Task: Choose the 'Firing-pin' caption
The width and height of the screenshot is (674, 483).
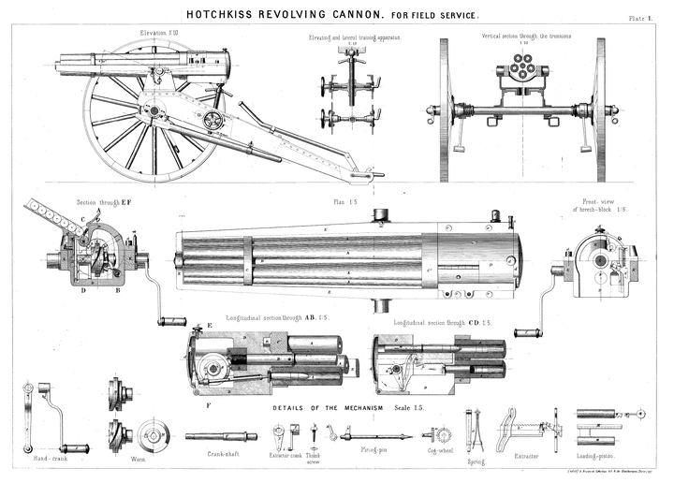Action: click(374, 453)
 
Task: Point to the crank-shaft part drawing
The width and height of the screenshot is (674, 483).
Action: click(221, 436)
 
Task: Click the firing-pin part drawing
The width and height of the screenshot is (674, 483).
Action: click(374, 435)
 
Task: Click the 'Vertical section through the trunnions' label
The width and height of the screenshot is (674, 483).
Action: click(526, 37)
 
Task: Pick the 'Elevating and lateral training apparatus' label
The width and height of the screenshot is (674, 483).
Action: click(351, 37)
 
